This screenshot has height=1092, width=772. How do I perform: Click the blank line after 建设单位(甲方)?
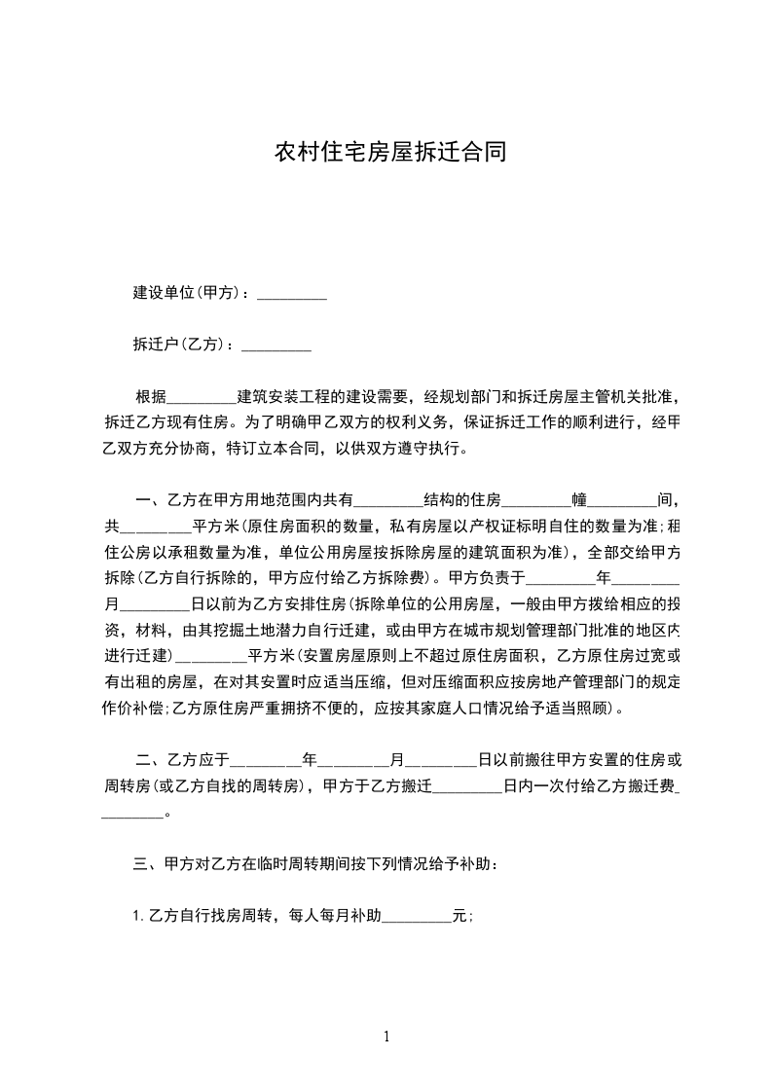click(290, 294)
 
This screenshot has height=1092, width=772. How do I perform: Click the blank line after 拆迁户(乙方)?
click(276, 346)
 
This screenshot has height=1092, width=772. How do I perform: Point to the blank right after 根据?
click(202, 398)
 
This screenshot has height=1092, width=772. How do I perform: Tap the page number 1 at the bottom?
click(386, 1037)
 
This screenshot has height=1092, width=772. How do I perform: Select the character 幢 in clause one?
click(579, 501)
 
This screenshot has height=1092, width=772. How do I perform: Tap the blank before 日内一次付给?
click(466, 787)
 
